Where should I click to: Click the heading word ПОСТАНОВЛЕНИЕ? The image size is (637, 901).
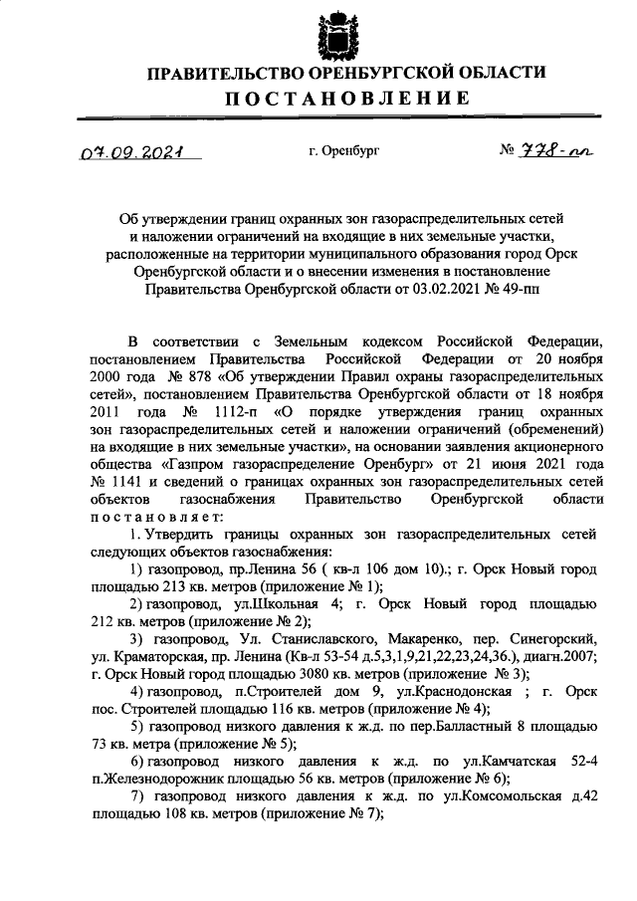coord(345,98)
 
